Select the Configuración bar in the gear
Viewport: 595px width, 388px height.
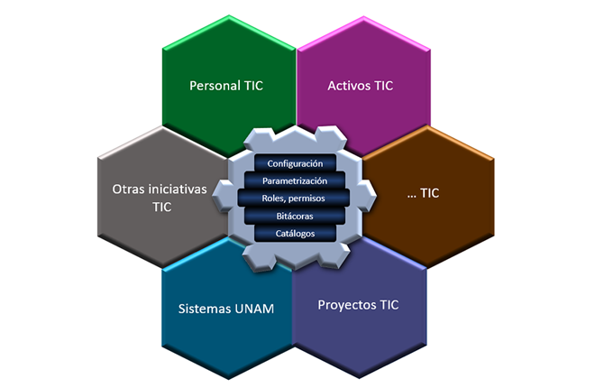[295, 163]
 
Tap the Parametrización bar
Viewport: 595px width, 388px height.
[295, 180]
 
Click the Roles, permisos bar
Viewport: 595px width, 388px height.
[295, 199]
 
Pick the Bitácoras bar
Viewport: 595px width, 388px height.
[295, 217]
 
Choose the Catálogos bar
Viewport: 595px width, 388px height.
[295, 234]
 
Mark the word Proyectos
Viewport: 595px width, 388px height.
[346, 304]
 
